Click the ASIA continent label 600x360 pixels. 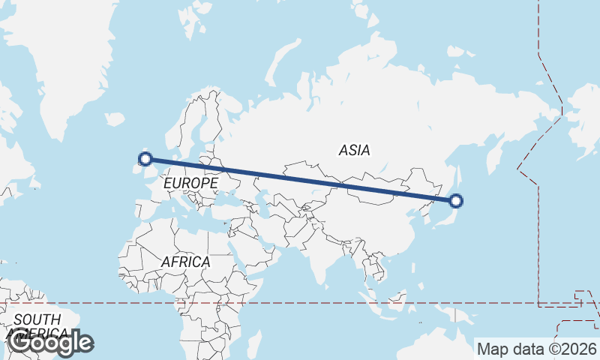coord(354,150)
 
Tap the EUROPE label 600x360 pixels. coord(190,183)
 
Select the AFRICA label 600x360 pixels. coord(185,262)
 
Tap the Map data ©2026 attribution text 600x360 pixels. coord(536,349)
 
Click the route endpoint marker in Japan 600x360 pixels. coord(455,200)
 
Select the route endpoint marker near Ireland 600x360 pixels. coord(145,158)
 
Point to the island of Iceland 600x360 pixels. coord(115,118)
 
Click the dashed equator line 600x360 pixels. coord(300,304)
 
